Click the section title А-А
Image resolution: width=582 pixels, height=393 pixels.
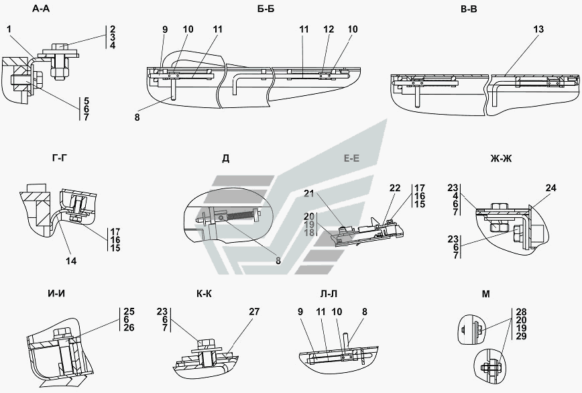[41, 9]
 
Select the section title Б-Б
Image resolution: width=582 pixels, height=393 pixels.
[266, 9]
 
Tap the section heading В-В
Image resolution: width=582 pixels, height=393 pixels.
[469, 9]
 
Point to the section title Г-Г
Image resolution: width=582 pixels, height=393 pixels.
[60, 158]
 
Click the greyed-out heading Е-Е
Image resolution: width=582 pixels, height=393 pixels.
[351, 158]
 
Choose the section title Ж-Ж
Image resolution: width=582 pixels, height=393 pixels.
[501, 158]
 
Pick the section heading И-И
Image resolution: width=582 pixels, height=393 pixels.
[56, 294]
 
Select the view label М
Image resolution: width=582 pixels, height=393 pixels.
[486, 294]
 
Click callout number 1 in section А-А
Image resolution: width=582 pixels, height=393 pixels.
[9, 29]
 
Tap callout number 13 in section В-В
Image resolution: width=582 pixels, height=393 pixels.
[538, 29]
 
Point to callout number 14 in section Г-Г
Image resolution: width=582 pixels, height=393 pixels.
[71, 261]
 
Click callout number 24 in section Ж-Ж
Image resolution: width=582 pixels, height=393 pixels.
[551, 188]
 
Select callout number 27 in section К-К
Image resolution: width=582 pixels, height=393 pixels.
[254, 311]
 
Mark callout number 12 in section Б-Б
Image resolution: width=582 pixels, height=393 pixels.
[329, 29]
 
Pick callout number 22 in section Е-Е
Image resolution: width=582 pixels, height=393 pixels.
[395, 188]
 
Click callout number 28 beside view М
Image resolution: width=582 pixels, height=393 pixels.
[521, 312]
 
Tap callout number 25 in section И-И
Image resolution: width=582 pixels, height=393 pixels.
[129, 311]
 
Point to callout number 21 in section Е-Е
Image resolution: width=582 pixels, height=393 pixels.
[309, 193]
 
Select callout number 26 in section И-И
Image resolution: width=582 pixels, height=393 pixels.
[129, 328]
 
